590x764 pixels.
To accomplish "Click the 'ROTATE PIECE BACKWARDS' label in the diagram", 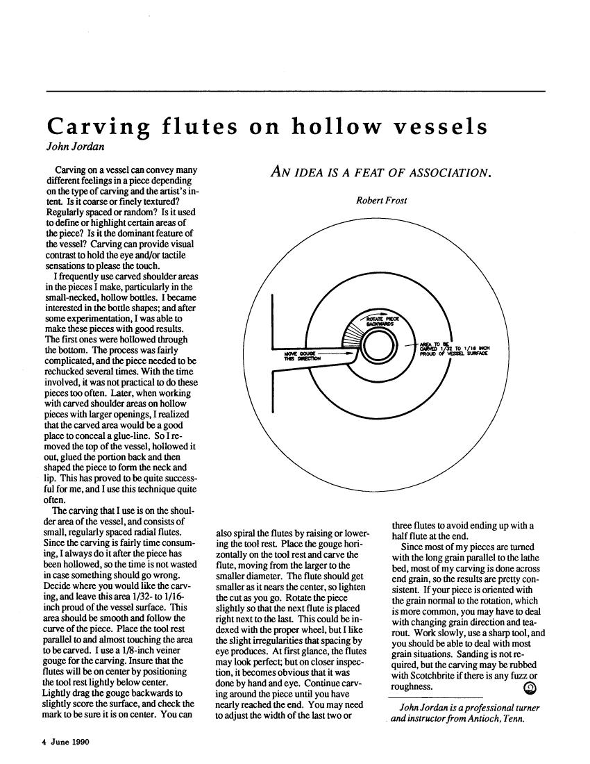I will [379, 320].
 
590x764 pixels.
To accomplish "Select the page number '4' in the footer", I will [40, 741].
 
